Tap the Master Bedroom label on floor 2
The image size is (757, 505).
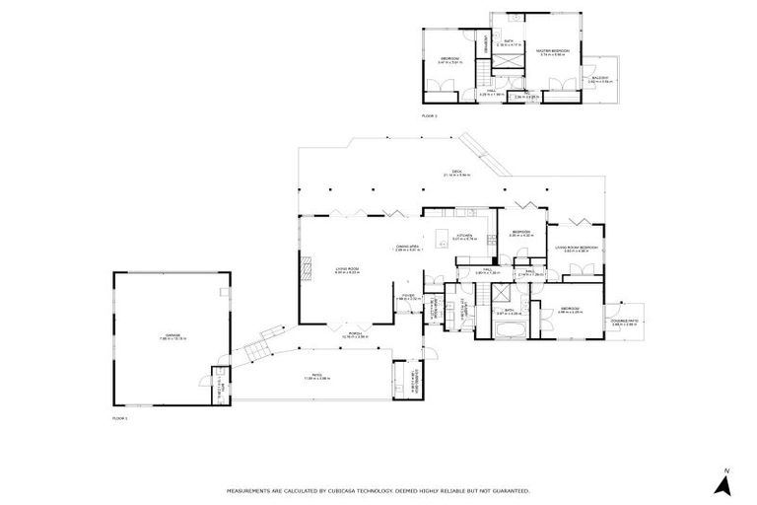pos(552,51)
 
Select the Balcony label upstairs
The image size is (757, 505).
pos(600,79)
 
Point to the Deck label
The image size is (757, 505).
pos(456,173)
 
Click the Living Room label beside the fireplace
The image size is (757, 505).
pos(347,269)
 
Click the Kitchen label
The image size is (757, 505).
pos(464,236)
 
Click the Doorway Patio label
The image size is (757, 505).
pos(624,321)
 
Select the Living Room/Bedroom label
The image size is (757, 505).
pos(576,248)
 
